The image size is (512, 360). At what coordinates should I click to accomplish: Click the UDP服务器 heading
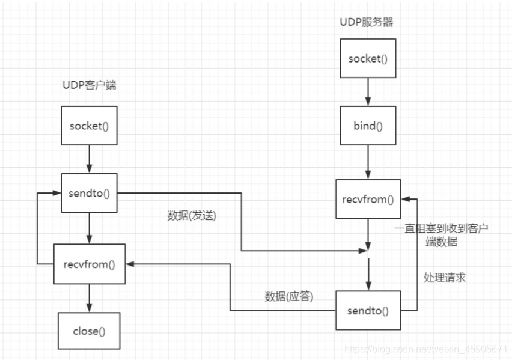366,23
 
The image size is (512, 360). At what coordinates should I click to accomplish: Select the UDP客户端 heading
90,85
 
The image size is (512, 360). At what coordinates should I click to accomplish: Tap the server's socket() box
368,58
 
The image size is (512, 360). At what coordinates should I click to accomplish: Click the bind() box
368,126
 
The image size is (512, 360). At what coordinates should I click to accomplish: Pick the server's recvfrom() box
368,199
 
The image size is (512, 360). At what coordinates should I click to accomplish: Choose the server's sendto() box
368,310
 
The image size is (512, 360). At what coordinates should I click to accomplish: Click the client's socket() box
89,126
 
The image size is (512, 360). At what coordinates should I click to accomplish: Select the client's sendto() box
89,193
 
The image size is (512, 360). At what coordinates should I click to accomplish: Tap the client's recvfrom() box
90,263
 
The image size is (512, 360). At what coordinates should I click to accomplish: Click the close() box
89,331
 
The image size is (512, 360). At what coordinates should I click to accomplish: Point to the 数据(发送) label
191,216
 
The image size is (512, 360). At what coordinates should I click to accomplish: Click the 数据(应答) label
289,296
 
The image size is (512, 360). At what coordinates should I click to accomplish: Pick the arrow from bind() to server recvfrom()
368,162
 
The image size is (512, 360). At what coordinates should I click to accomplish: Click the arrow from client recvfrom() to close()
89,297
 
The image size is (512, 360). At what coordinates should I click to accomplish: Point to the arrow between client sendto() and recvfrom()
89,228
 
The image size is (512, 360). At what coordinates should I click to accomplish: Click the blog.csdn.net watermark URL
427,349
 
